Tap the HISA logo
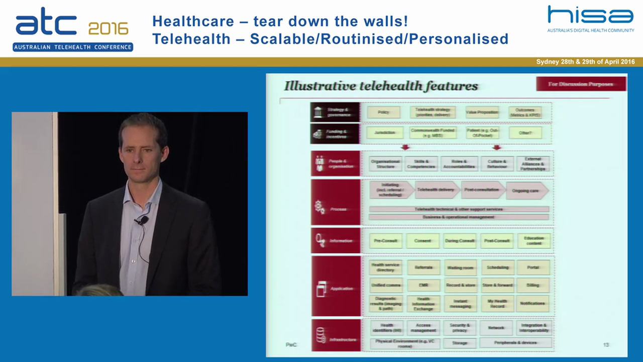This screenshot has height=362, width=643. point(590,19)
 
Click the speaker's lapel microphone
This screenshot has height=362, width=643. point(143,220)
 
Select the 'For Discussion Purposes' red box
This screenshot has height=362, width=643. point(581,84)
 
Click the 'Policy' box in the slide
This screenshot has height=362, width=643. point(383,112)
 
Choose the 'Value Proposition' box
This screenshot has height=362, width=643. point(481,112)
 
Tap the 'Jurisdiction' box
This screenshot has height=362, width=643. point(384,133)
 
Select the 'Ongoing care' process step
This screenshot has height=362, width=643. point(526,191)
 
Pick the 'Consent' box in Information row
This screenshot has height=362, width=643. point(422,241)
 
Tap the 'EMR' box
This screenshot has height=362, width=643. point(423,285)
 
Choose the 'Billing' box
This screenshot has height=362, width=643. point(533,285)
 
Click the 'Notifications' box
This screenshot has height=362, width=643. point(532,303)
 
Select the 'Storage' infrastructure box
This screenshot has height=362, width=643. point(459,343)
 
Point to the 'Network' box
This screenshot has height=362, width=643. point(496,328)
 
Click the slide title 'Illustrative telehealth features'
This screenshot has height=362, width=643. point(381,86)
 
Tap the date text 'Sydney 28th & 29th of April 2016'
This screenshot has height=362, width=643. point(585,62)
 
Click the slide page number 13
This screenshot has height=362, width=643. point(606,344)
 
